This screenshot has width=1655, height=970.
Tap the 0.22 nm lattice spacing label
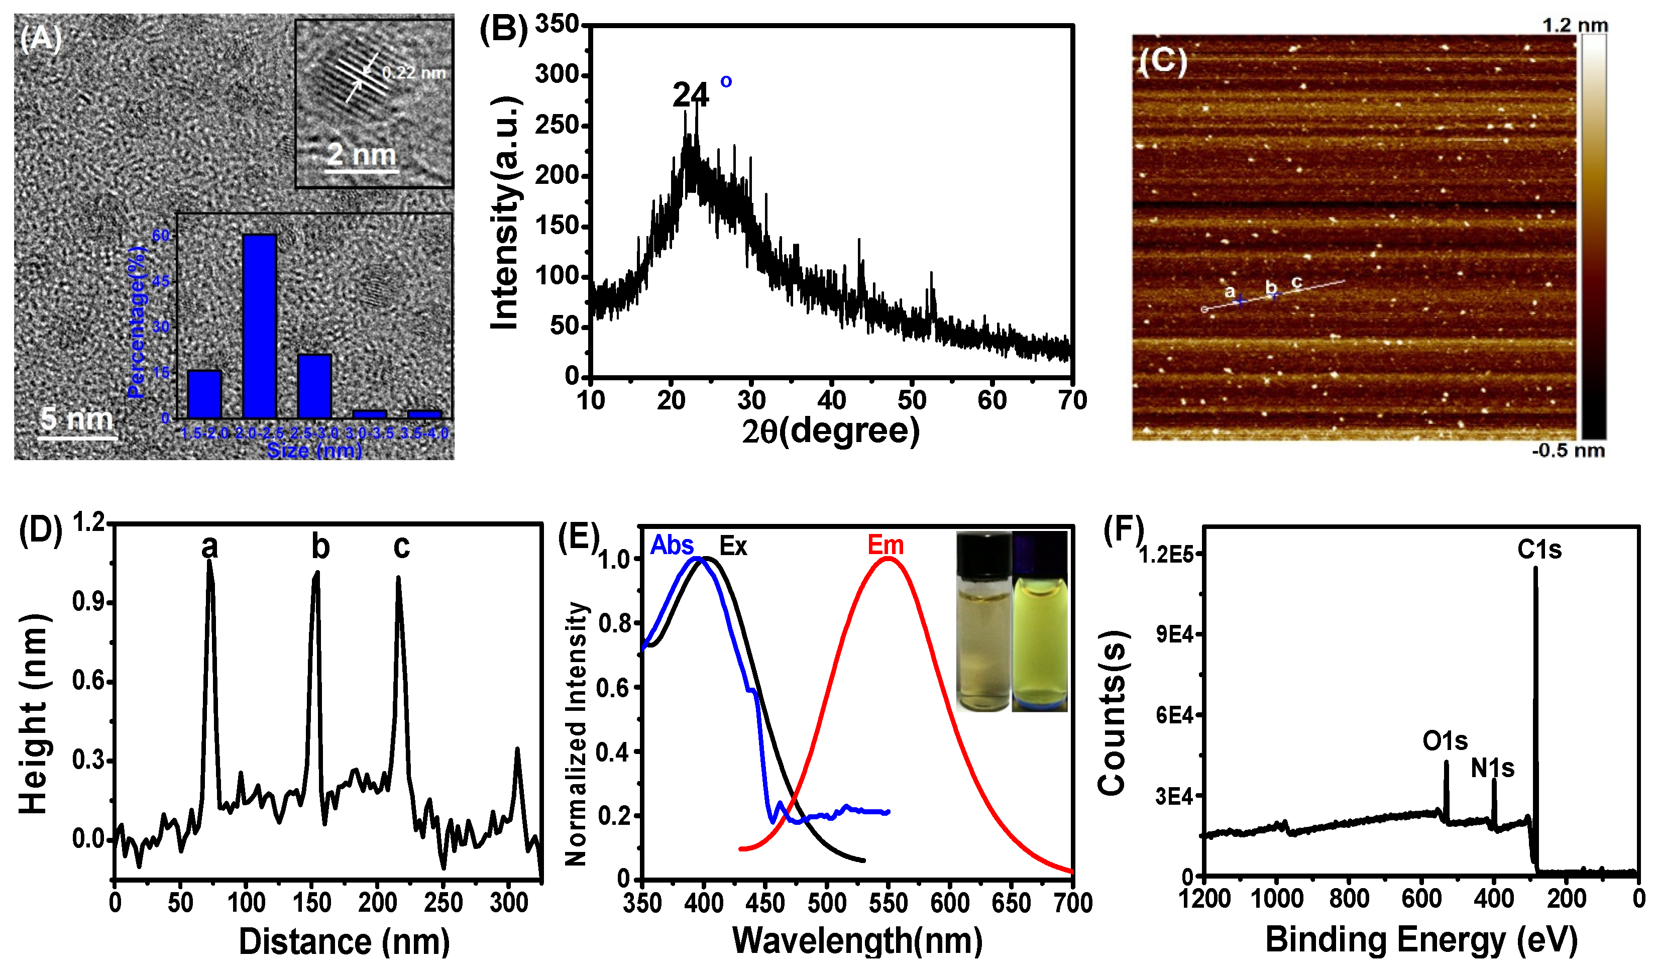414,73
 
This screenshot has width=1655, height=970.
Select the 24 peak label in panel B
690,96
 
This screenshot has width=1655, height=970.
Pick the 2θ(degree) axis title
830,432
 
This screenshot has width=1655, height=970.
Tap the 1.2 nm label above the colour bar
1574,26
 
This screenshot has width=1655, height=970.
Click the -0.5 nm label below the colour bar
1568,451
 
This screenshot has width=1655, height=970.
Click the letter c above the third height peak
401,547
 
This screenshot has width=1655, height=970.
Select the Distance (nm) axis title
344,941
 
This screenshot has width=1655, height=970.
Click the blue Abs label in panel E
672,545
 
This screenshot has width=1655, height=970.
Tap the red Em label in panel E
886,545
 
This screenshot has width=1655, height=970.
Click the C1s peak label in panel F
1539,550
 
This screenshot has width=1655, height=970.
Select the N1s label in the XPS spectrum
1492,768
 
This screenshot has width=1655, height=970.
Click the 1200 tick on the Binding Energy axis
1204,898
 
